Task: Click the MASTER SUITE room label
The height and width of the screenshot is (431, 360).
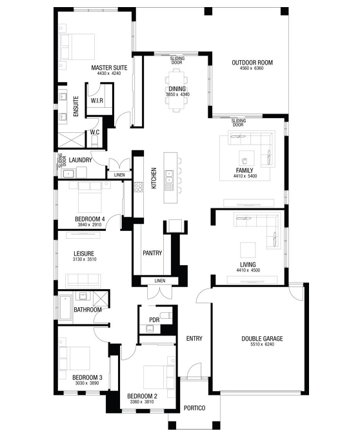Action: [x=109, y=68]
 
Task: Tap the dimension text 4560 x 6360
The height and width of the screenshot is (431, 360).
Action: [x=252, y=68]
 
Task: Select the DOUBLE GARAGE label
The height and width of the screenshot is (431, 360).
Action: [x=262, y=339]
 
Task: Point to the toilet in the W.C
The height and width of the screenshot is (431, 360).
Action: [x=95, y=141]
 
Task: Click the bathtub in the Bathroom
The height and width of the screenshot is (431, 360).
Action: [x=65, y=307]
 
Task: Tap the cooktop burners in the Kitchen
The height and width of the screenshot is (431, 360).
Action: [x=138, y=187]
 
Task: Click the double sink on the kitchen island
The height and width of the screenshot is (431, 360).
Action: [x=169, y=177]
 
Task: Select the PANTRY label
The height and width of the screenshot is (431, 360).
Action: [x=152, y=253]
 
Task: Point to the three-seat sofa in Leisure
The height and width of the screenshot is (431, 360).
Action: [x=83, y=280]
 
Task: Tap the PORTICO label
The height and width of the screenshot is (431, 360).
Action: [x=195, y=408]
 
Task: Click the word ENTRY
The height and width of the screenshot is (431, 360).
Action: [x=194, y=338]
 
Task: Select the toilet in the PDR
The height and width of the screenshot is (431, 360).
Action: [x=166, y=314]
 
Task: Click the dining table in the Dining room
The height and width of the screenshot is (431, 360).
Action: [x=177, y=90]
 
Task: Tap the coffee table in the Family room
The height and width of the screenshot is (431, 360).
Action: [x=246, y=158]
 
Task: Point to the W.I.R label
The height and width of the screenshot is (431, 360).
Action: [x=97, y=101]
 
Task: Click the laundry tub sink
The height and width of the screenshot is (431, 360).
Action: [x=68, y=174]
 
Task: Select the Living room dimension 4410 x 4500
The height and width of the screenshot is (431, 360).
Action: [x=248, y=270]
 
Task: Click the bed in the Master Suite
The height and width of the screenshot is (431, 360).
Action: [x=77, y=46]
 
